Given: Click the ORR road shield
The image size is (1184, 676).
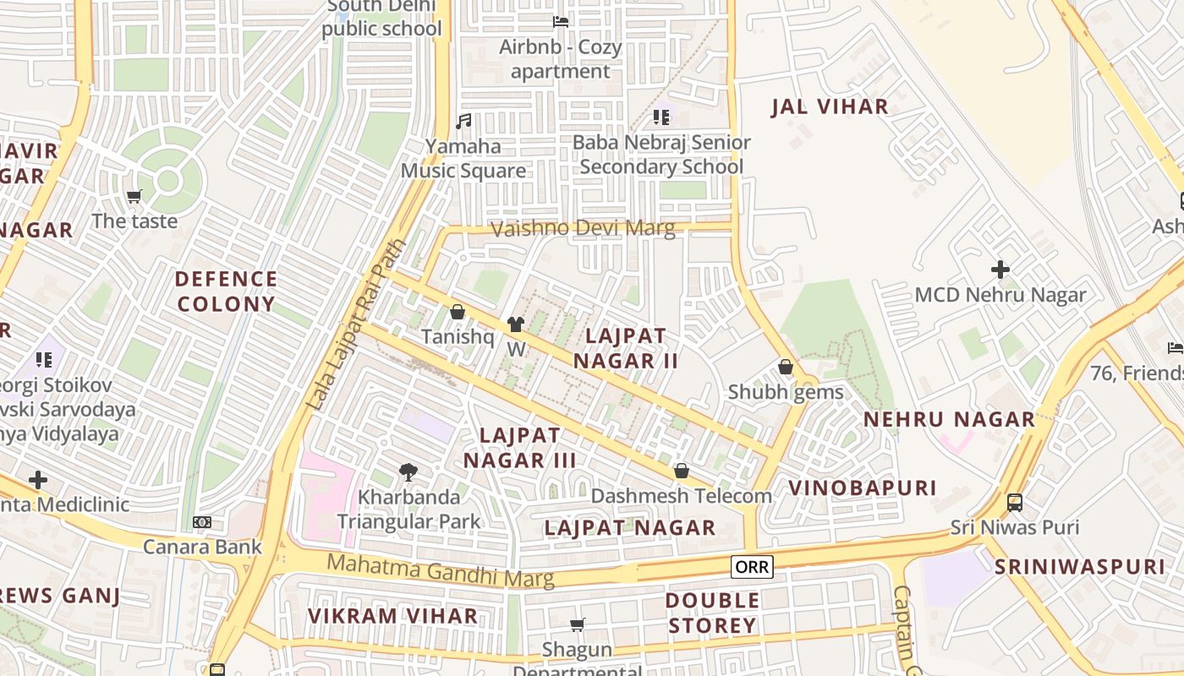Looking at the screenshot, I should click(x=752, y=567).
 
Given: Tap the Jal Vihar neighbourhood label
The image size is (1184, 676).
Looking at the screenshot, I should click(x=830, y=106).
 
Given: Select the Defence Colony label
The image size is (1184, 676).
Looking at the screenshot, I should click(x=226, y=292).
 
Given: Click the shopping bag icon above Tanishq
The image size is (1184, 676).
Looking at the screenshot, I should click(x=458, y=312).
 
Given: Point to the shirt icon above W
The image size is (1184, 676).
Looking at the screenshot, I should click(x=516, y=324).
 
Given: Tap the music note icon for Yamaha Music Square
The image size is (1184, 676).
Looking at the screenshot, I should click(x=463, y=122).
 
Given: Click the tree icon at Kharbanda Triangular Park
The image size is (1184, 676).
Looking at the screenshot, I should click(x=409, y=472).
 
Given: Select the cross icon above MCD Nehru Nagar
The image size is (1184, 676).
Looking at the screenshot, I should click(x=1000, y=270).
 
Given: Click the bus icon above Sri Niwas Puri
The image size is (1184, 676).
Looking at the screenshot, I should click(x=1015, y=503).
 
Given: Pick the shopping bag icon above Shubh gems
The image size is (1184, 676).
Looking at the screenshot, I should click(x=786, y=367).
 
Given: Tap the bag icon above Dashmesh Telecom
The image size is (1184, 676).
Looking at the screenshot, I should click(x=682, y=471).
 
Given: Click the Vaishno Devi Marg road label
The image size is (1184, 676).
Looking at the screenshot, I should click(x=583, y=228).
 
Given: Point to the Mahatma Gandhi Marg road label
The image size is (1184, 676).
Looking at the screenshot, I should click(x=441, y=570).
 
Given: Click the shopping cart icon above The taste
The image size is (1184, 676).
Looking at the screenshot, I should click(x=134, y=197).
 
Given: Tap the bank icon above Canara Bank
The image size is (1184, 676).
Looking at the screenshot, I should click(x=202, y=522).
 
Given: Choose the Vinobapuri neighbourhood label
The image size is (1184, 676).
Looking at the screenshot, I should click(x=862, y=488).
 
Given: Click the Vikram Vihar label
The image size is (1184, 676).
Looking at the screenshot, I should click(x=392, y=616).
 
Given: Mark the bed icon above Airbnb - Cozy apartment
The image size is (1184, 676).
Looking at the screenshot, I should click(x=560, y=22).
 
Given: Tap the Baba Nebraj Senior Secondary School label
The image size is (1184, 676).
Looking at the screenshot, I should click(x=661, y=155).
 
